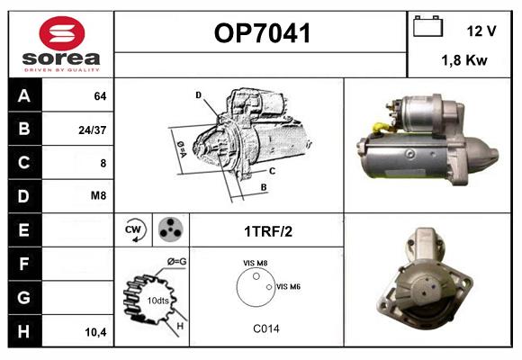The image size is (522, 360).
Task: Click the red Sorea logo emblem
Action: pyautogui.click(x=62, y=33)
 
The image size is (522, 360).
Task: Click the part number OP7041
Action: pyautogui.click(x=262, y=33)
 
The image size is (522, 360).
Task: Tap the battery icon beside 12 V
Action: pyautogui.click(x=427, y=26)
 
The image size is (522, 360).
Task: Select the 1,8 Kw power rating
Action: pyautogui.click(x=464, y=60)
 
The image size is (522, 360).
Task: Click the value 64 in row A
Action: pyautogui.click(x=100, y=96)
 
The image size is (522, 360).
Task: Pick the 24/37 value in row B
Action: pyautogui.click(x=92, y=130)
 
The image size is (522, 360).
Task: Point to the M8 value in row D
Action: pyautogui.click(x=98, y=195)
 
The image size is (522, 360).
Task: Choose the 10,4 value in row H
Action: pyautogui.click(x=95, y=332)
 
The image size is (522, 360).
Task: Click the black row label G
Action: pyautogui.click(x=24, y=298)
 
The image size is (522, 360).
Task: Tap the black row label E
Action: pyautogui.click(x=24, y=230)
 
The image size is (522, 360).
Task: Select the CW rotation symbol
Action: pyautogui.click(x=134, y=229)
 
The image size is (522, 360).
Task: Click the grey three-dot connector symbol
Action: pyautogui.click(x=171, y=229)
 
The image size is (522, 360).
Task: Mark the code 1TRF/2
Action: pyautogui.click(x=268, y=231)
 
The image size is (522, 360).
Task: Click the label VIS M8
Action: pyautogui.click(x=255, y=263)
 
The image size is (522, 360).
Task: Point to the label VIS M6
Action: pyautogui.click(x=288, y=286)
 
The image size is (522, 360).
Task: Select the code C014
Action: pyautogui.click(x=266, y=328)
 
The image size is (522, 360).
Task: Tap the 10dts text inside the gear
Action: pyautogui.click(x=158, y=301)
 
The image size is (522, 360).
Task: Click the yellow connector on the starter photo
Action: pyautogui.click(x=381, y=128)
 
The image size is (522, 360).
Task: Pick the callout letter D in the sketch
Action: pyautogui.click(x=199, y=95)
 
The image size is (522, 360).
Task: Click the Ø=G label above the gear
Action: pyautogui.click(x=176, y=262)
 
